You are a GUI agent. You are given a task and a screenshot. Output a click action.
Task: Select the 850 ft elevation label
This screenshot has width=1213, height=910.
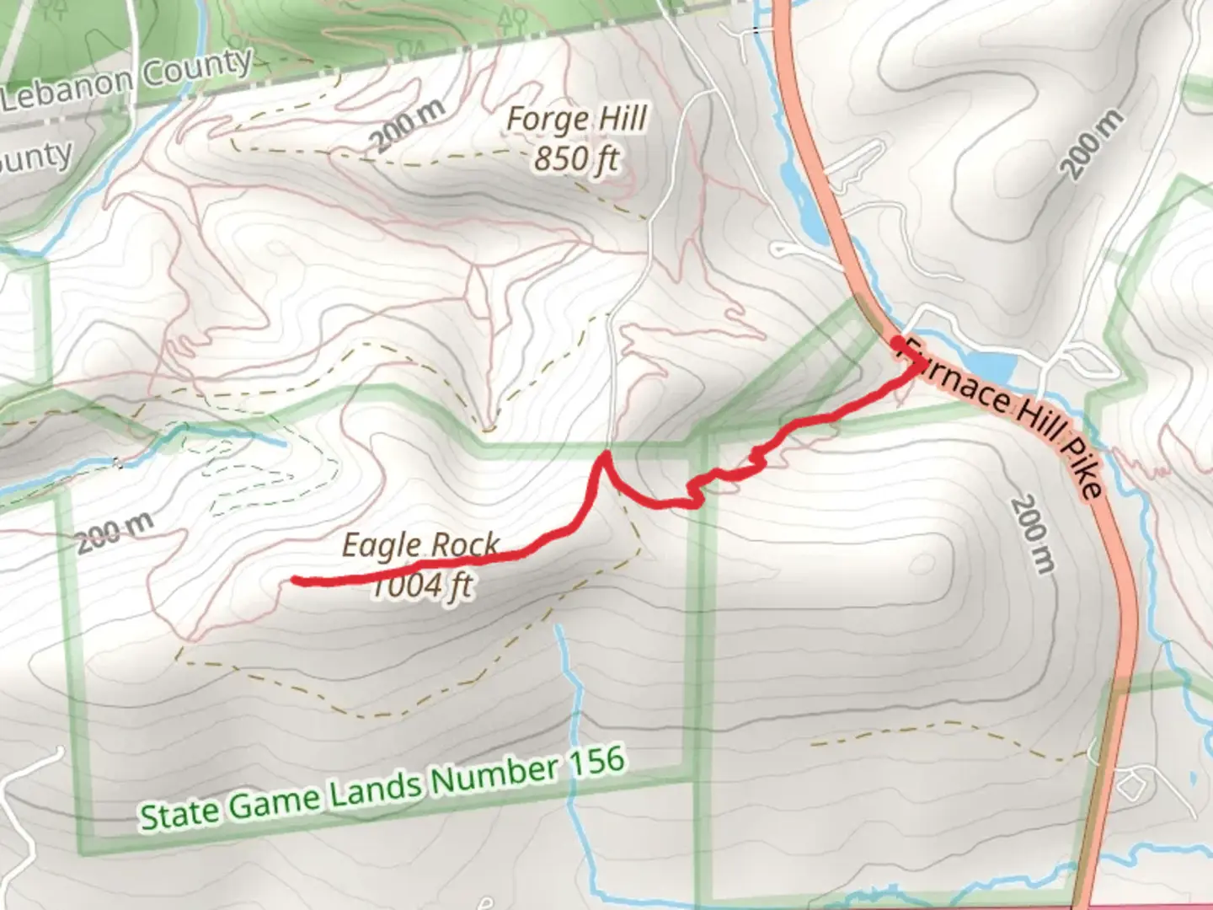(576, 158)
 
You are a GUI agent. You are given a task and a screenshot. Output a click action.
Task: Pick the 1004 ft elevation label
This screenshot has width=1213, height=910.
(421, 586)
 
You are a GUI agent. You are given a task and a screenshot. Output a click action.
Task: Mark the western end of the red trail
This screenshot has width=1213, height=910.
(295, 580)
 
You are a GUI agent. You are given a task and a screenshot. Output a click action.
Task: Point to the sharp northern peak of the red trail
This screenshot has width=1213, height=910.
(604, 455)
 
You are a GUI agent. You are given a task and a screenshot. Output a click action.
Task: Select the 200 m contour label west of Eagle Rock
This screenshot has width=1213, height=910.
(115, 533)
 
